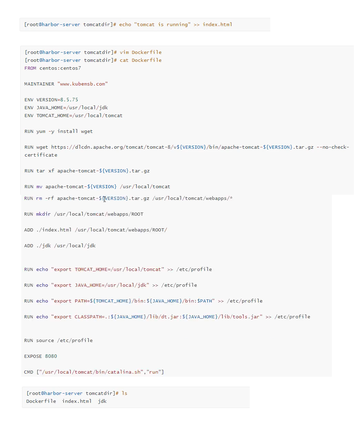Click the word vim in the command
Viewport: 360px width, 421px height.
124,52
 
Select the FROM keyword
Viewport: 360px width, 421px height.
30,68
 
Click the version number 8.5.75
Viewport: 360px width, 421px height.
69,100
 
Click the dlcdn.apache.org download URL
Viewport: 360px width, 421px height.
137,147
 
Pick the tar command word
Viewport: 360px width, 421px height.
41,171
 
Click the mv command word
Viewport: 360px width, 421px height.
39,186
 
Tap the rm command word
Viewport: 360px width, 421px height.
39,198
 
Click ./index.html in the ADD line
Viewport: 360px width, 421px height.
54,230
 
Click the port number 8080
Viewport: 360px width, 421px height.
51,356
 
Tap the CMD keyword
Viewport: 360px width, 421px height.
29,372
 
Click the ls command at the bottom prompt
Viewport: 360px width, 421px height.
124,393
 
